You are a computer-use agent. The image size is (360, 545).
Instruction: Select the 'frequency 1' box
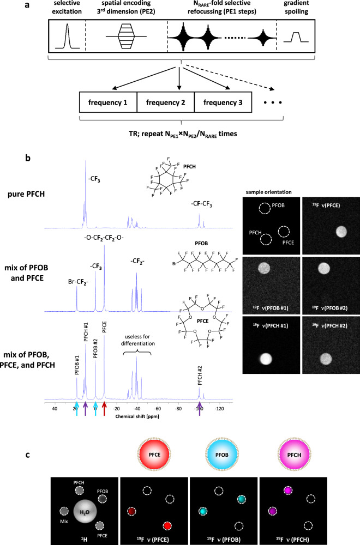click(x=107, y=102)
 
